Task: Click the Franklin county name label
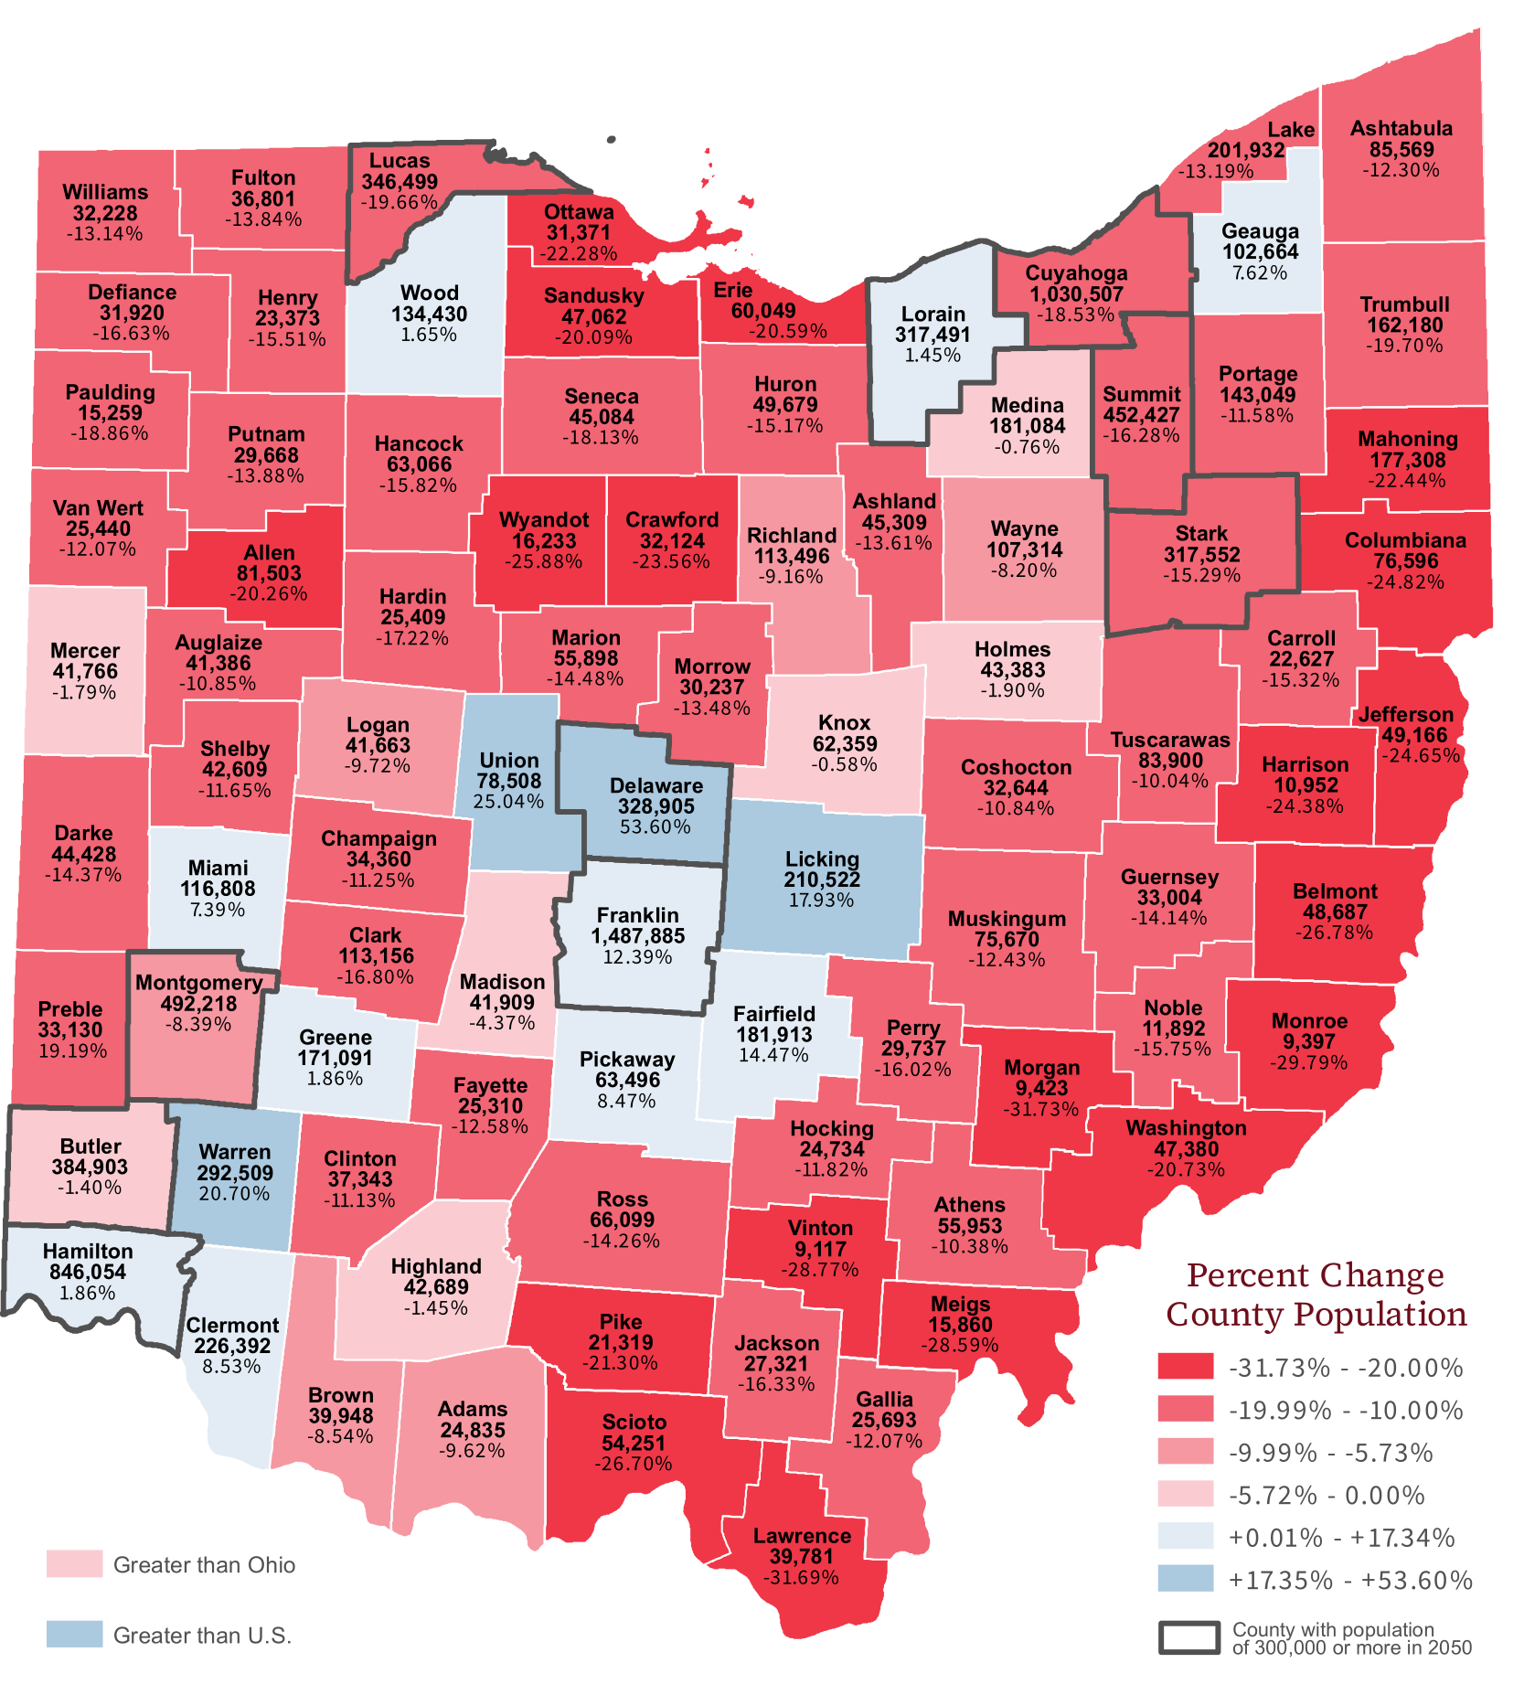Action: pos(637,915)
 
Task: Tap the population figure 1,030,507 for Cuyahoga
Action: pos(1076,294)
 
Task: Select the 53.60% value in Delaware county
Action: pos(655,827)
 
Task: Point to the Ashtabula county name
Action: pos(1401,128)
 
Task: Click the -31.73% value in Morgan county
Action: pos(1041,1109)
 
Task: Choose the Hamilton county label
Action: pos(88,1251)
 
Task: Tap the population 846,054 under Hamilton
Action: pos(88,1272)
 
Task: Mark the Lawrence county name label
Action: pos(802,1536)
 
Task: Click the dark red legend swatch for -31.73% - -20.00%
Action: pos(1186,1366)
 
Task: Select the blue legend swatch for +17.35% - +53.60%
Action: pos(1186,1579)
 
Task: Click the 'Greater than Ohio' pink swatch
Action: pos(74,1564)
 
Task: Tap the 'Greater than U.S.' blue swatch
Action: pos(74,1634)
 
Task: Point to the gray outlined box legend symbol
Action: pos(1189,1637)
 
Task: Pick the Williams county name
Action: pos(105,192)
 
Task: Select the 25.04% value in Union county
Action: pos(508,802)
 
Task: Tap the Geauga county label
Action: pos(1260,231)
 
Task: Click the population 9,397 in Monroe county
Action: pos(1308,1041)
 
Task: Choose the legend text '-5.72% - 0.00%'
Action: pos(1326,1496)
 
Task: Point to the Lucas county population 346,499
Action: pos(400,182)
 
